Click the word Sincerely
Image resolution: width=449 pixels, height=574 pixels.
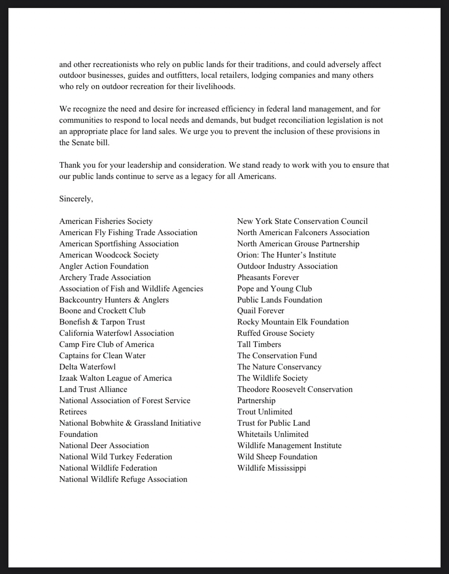(76, 199)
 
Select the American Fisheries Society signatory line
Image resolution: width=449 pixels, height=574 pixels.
(106, 221)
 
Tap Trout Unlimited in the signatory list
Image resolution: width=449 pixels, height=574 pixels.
(264, 412)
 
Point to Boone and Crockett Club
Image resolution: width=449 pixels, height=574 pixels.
(102, 311)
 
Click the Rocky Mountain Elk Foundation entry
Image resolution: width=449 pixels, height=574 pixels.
(293, 322)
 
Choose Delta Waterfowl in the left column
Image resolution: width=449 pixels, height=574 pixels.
(87, 367)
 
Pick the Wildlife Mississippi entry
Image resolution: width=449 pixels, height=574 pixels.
(271, 468)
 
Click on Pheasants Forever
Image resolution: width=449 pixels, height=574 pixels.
(268, 278)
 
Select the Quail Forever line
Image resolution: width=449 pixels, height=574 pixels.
(261, 311)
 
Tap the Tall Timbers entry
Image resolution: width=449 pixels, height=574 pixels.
(259, 345)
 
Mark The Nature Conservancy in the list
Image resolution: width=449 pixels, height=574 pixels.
(279, 367)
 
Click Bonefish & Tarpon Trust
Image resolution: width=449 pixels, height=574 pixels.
(102, 322)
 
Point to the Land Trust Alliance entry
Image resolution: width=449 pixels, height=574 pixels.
(93, 390)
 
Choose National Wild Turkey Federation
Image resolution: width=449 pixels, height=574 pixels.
(116, 457)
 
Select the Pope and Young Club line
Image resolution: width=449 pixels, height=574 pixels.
(274, 289)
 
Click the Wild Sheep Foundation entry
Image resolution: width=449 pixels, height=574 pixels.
(277, 457)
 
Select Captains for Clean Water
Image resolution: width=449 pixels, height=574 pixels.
(102, 356)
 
